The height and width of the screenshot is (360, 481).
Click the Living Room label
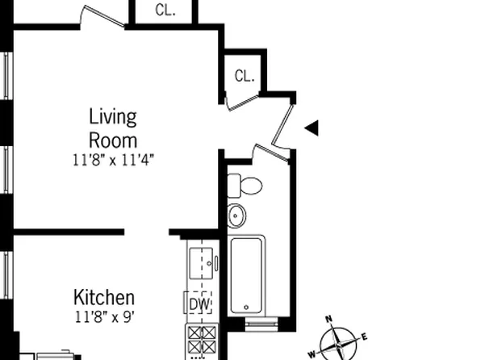(112, 128)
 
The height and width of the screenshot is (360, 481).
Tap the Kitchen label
(104, 297)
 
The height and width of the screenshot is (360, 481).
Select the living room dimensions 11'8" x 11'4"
(112, 159)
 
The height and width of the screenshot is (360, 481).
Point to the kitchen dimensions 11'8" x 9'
(104, 316)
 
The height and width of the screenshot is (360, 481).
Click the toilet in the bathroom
(245, 185)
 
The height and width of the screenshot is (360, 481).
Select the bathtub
(247, 275)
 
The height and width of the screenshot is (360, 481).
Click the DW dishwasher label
(199, 304)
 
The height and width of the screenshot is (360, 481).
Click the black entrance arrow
(312, 128)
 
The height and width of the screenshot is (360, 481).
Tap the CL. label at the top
(165, 10)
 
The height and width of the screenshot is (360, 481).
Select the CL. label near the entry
(245, 77)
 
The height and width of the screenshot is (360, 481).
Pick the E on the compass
(364, 336)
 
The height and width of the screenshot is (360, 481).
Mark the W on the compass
(312, 353)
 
